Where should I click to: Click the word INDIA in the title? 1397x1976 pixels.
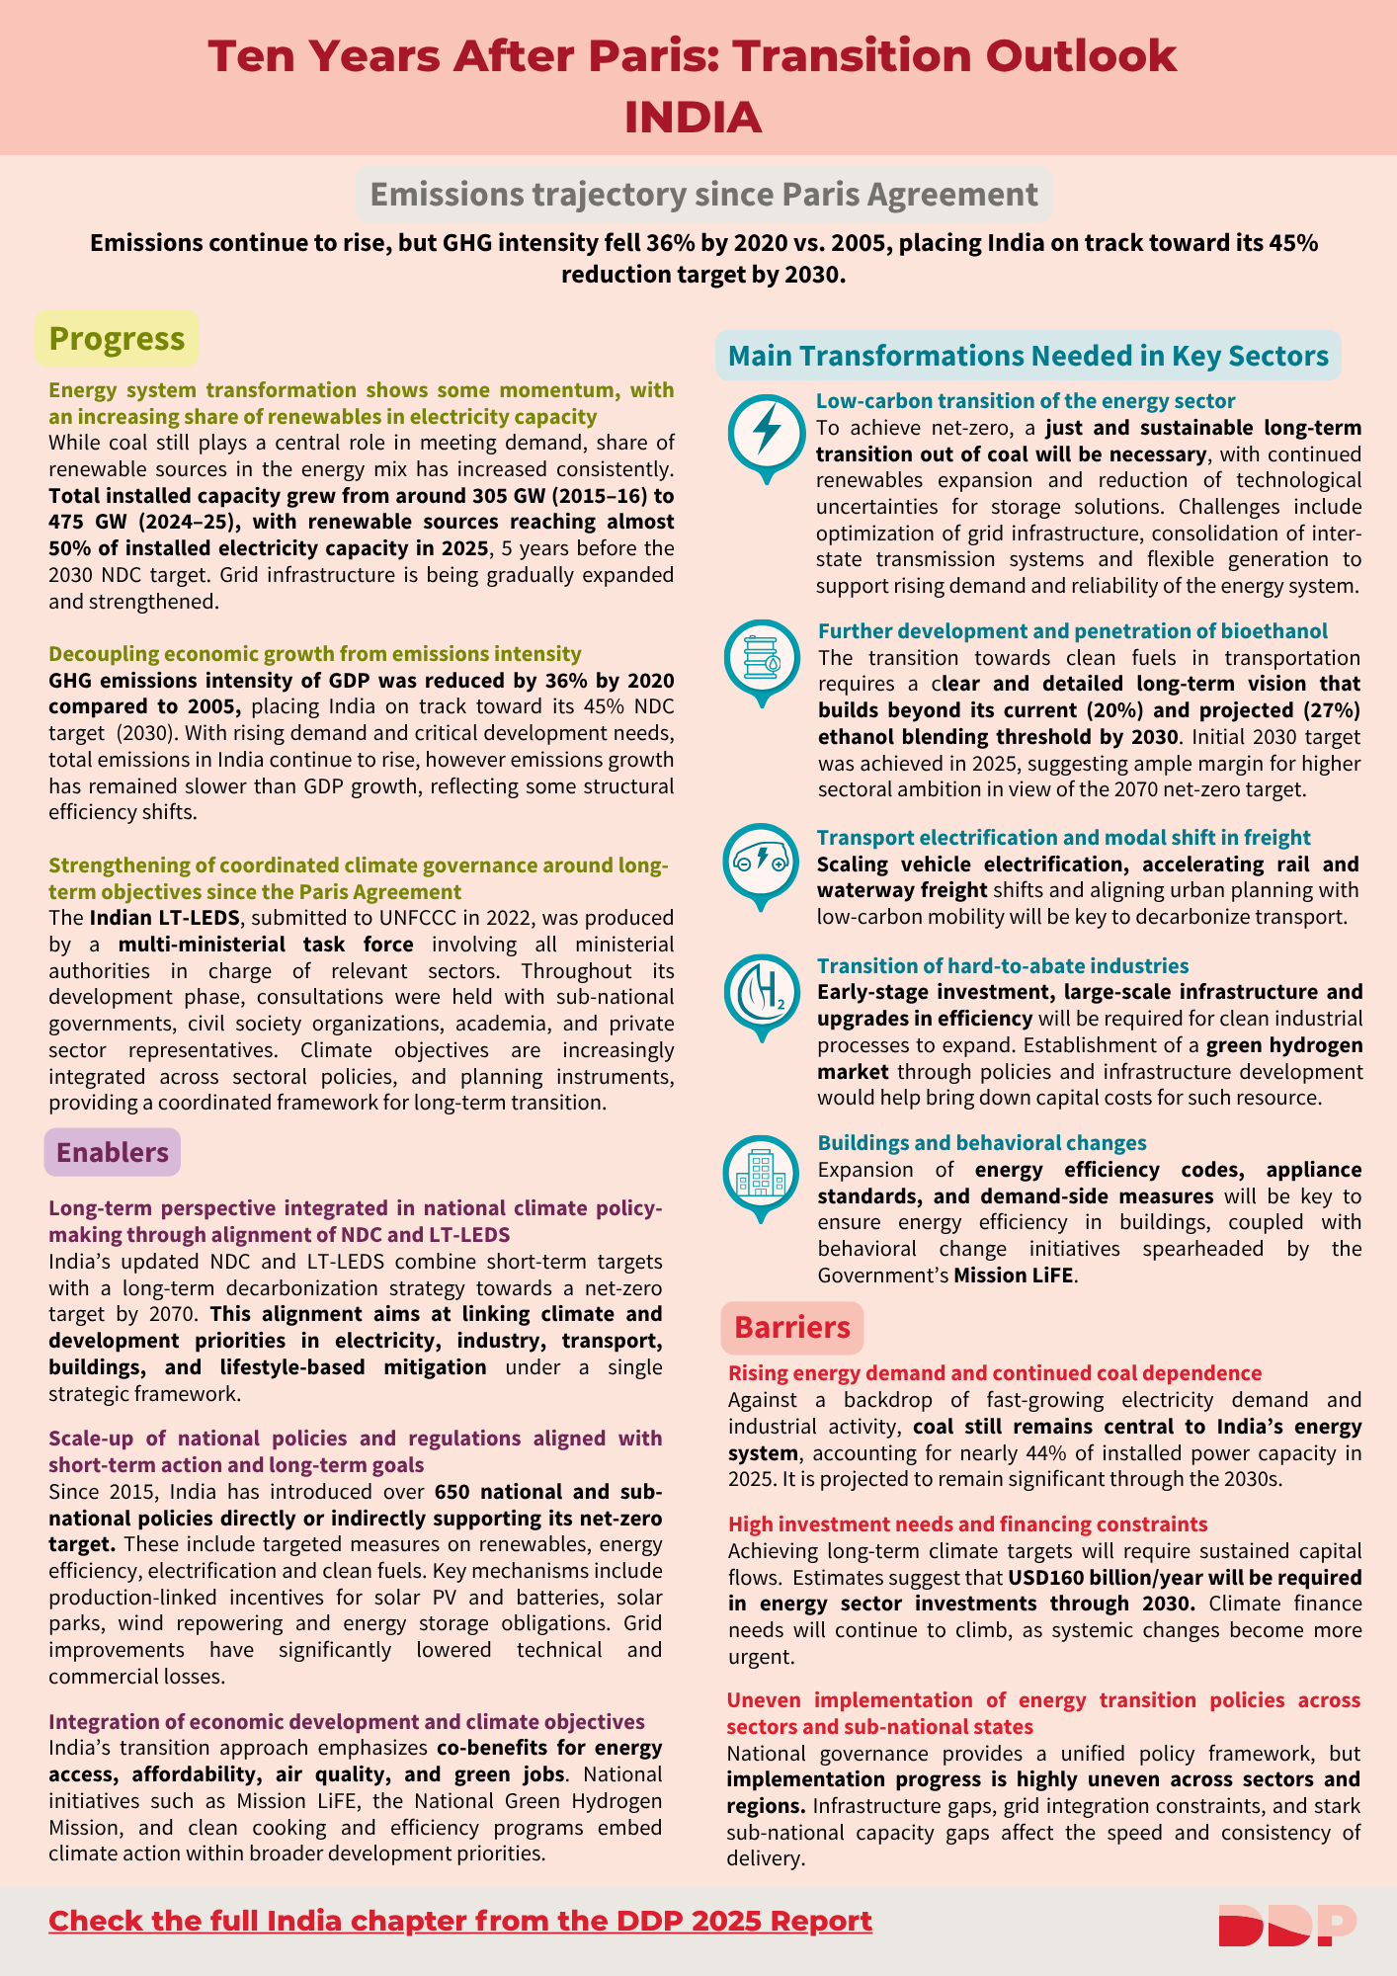[693, 118]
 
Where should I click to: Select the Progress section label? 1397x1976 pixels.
[117, 339]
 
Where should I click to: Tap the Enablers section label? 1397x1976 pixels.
[112, 1152]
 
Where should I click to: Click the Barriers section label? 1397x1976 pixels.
[791, 1328]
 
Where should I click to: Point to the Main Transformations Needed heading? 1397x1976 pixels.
[1027, 356]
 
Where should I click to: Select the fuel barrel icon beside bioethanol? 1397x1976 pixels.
[761, 656]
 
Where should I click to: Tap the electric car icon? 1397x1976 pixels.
[760, 861]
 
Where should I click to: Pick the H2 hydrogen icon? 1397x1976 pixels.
[761, 992]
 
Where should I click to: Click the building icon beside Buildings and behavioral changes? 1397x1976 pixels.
[761, 1173]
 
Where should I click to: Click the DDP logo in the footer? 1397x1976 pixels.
[1286, 1925]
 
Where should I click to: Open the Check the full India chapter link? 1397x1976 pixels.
[460, 1921]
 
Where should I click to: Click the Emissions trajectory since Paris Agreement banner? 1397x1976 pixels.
[703, 195]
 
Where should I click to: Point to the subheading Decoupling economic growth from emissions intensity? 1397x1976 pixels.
[315, 654]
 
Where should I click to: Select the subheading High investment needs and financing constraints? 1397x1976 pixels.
[967, 1524]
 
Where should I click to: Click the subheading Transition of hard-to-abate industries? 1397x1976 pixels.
[1003, 965]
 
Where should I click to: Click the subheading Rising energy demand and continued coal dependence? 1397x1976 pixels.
[995, 1373]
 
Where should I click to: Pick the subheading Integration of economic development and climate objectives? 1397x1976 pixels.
[347, 1722]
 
